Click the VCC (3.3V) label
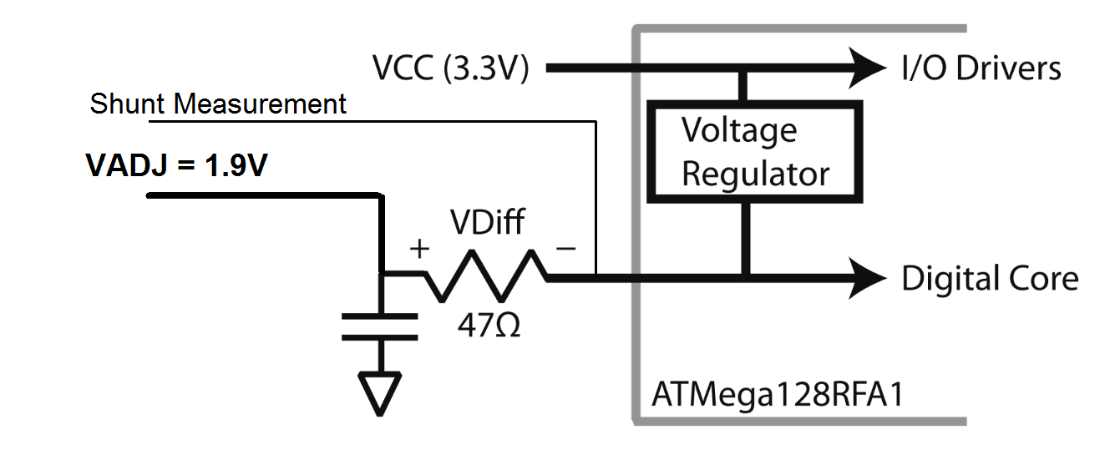[x=450, y=68]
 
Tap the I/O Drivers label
[x=981, y=68]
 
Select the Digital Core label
[x=990, y=279]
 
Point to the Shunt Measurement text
[x=218, y=104]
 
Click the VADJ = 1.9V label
[x=177, y=165]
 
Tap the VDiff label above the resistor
[x=487, y=222]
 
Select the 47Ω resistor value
[x=489, y=326]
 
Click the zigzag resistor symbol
[x=485, y=276]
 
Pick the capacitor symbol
[x=380, y=326]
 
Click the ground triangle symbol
[x=380, y=394]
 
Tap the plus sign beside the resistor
[x=419, y=249]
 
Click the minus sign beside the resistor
[x=566, y=248]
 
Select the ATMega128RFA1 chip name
[x=778, y=396]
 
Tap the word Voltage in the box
[x=739, y=131]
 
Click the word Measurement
[x=260, y=104]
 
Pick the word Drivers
[x=1008, y=68]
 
